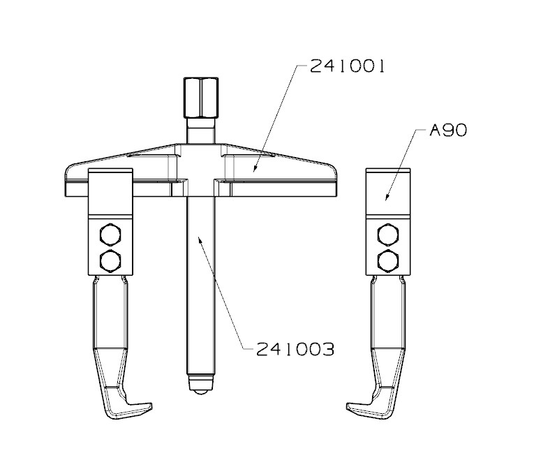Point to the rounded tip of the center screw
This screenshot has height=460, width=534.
coord(200,386)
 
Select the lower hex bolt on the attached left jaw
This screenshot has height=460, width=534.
coord(110,260)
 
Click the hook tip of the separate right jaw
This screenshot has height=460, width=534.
coord(355,406)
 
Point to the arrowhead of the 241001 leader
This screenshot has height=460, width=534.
coord(254,170)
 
